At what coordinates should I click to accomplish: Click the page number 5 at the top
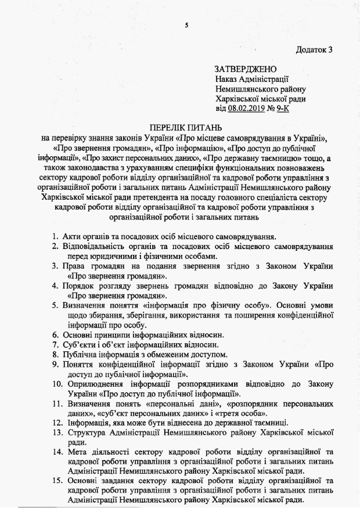[x=186, y=24]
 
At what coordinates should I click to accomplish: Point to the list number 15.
[x=52, y=481]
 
